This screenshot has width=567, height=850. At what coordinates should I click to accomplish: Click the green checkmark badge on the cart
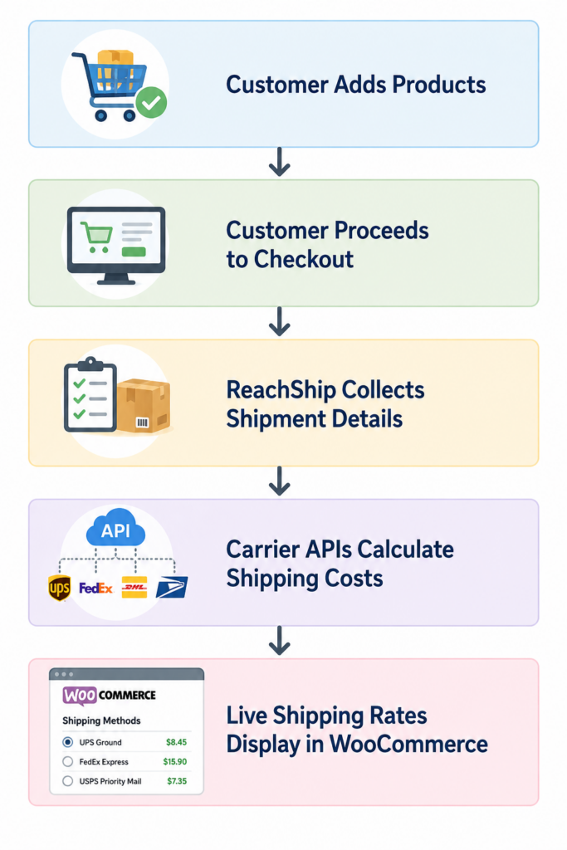[151, 102]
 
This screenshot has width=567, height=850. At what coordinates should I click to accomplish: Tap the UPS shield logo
[59, 588]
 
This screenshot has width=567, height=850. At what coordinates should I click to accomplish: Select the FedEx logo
[95, 589]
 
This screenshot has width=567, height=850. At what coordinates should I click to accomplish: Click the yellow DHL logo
[134, 588]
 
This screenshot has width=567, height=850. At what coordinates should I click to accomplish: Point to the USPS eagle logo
[172, 588]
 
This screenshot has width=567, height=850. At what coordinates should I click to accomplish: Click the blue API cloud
[115, 528]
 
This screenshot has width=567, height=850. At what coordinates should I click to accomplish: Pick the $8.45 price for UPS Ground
[176, 742]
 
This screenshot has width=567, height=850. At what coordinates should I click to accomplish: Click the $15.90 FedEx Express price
[174, 762]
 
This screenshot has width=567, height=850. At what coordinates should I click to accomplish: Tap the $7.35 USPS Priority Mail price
[177, 781]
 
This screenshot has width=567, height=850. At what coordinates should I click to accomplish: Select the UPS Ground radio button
[68, 742]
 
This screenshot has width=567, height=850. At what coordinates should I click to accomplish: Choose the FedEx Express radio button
[68, 762]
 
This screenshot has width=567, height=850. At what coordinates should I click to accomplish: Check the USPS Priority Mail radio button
[68, 781]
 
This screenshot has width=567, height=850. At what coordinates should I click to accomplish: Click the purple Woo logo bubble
[80, 696]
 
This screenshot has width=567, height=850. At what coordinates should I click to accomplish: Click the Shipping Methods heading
[101, 721]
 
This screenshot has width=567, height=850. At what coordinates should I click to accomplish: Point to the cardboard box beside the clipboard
[144, 406]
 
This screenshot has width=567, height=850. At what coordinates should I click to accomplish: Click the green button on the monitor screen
[134, 252]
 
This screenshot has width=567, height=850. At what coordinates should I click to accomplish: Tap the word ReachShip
[281, 390]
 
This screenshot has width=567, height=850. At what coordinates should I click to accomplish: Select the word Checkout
[304, 259]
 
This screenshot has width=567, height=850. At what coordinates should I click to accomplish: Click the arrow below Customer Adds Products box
[279, 162]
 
